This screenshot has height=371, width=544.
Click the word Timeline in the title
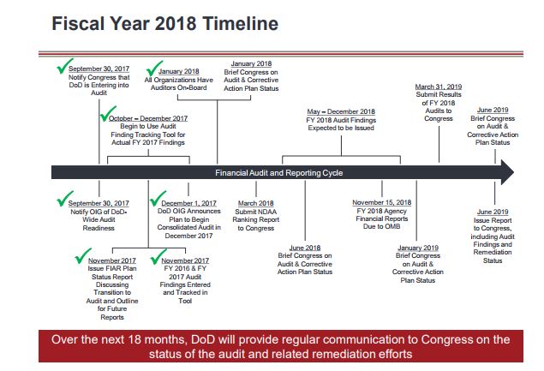pyautogui.click(x=240, y=24)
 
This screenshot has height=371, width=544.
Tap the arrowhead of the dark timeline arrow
pyautogui.click(x=507, y=172)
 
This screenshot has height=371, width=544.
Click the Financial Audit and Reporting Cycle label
pyautogui.click(x=279, y=173)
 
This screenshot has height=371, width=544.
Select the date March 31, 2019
pyautogui.click(x=439, y=87)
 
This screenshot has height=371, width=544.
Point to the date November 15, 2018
pyautogui.click(x=381, y=202)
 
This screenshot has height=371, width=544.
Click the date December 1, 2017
pyautogui.click(x=188, y=203)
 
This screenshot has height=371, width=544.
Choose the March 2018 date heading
pyautogui.click(x=255, y=203)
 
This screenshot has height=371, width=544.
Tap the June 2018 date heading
pyautogui.click(x=305, y=248)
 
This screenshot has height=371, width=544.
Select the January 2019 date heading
pyautogui.click(x=418, y=248)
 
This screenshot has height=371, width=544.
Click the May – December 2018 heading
pyautogui.click(x=341, y=111)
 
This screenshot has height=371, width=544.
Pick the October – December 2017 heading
pyautogui.click(x=148, y=118)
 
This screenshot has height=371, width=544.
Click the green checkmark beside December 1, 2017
pyautogui.click(x=158, y=198)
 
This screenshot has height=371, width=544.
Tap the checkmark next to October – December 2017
pyautogui.click(x=108, y=114)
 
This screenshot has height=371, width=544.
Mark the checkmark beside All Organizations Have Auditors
pyautogui.click(x=154, y=68)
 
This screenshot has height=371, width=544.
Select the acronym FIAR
pyautogui.click(x=112, y=269)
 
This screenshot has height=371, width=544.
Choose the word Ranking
pyautogui.click(x=245, y=219)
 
